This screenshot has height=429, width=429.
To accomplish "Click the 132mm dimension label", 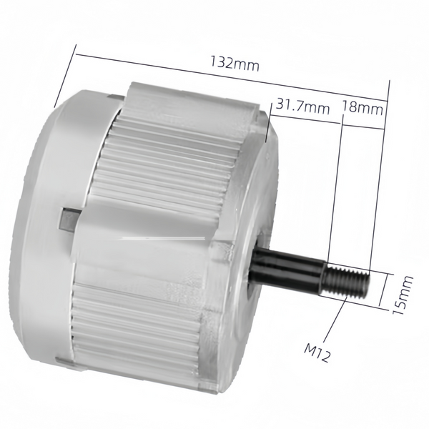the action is point(235,63).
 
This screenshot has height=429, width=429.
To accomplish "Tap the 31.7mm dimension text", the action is point(302,105).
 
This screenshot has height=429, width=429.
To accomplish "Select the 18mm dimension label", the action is point(363,107).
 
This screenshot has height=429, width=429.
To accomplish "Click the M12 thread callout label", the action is point(317,352).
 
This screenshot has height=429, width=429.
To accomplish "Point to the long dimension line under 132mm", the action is point(232,78).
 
